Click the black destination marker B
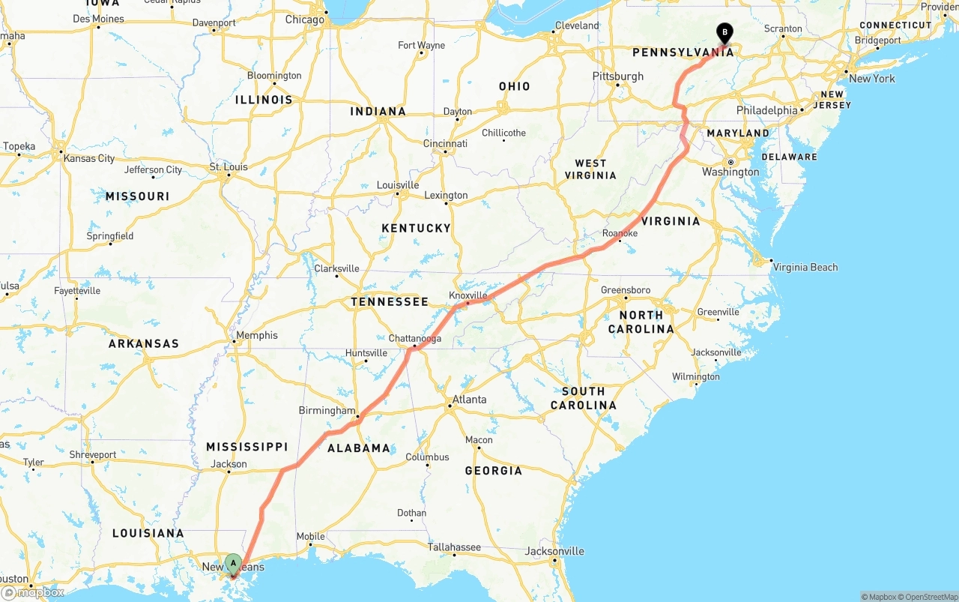tap(724, 33)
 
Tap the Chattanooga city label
tap(414, 339)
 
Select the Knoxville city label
tap(468, 295)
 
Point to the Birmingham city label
tap(327, 411)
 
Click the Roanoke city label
tap(620, 234)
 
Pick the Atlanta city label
tap(469, 400)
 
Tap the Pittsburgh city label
tap(617, 76)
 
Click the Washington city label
tap(730, 172)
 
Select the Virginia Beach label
tap(805, 268)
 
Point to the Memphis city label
tap(257, 336)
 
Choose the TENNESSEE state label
tap(390, 302)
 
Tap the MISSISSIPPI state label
tap(247, 447)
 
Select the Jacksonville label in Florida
tap(554, 552)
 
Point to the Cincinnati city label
tap(445, 144)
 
